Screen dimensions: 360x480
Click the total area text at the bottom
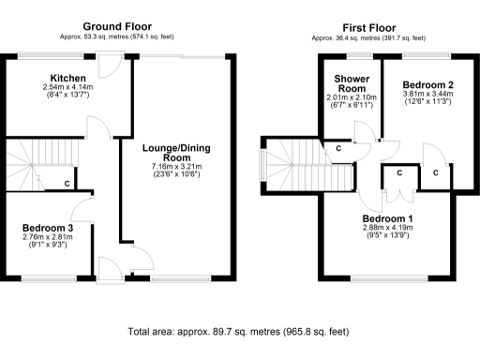[240, 331]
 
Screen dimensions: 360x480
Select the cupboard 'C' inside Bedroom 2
[437, 173]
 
